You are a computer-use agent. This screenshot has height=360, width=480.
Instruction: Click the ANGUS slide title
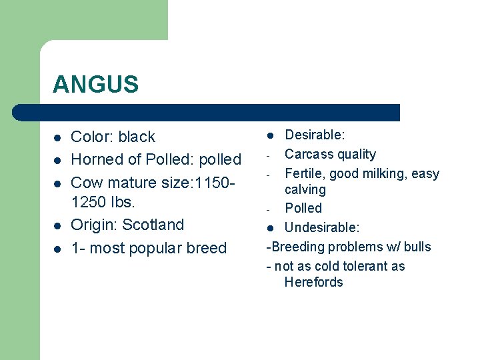tap(95, 84)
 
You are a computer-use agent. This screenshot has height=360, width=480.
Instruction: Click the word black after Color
tap(137, 137)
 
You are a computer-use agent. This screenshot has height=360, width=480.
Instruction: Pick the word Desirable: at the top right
tap(315, 135)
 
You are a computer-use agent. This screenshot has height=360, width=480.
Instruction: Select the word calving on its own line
tap(305, 189)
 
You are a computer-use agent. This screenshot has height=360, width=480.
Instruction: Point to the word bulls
tap(417, 247)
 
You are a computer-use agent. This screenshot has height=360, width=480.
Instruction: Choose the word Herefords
tap(313, 282)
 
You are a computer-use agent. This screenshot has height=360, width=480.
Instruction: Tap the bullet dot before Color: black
tap(57, 138)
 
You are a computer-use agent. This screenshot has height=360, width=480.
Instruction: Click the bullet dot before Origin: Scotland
tap(57, 226)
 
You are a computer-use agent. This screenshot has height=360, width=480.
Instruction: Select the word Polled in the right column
tap(303, 208)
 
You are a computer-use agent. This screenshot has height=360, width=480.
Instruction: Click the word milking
tap(385, 173)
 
